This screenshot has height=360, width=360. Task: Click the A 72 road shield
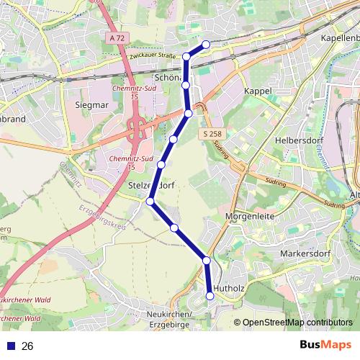[x=118, y=37]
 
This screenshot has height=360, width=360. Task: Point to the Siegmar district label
[x=91, y=104]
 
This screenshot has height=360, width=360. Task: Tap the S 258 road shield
[x=212, y=135]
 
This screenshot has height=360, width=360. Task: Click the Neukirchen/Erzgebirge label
[x=169, y=320]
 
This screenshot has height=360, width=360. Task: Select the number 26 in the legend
[x=28, y=346]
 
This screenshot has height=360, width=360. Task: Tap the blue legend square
[x=10, y=346]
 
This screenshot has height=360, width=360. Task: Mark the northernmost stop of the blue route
[x=206, y=44]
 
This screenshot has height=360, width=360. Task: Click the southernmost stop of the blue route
[x=210, y=294]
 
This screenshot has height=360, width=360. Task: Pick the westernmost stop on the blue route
[x=150, y=202]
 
